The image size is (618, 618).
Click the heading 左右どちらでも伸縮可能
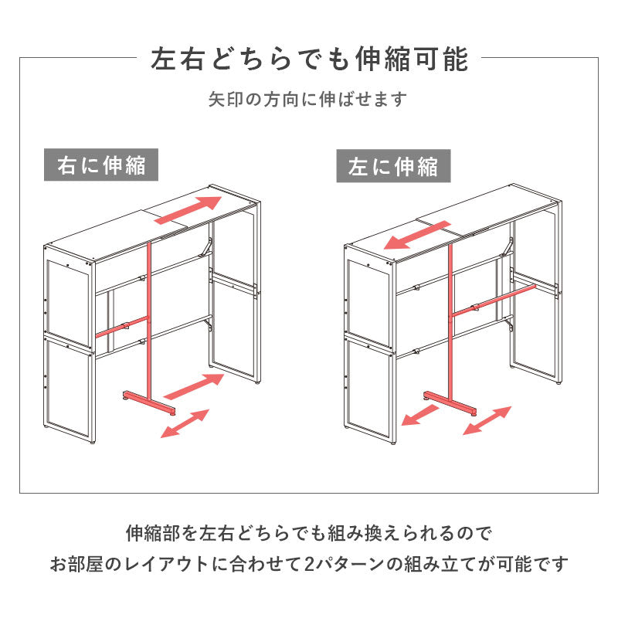click(309, 58)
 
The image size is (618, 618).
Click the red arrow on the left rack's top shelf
click(189, 211)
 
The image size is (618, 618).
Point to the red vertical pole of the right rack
click(449, 324)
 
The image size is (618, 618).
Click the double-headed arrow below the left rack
click(185, 423)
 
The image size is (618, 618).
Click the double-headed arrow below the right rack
click(487, 420)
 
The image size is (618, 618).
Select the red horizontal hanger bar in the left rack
click(121, 326)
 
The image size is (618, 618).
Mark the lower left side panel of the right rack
click(368, 386)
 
